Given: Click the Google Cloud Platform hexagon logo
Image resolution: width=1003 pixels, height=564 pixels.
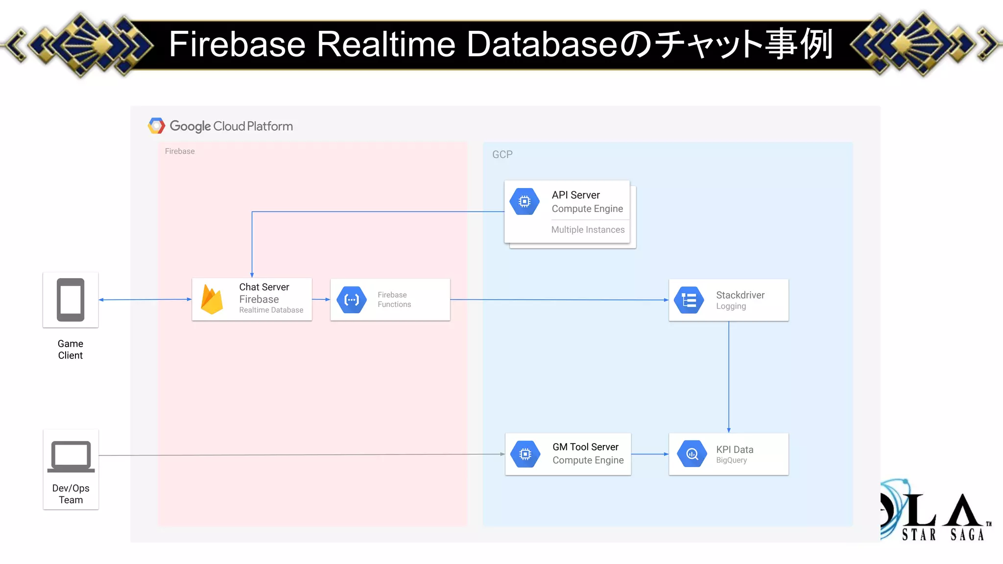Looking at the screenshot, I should [x=156, y=126].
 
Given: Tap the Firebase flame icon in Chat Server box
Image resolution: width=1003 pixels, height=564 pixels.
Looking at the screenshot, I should [x=212, y=300].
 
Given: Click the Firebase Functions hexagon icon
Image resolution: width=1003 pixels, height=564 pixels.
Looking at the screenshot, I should [x=352, y=300].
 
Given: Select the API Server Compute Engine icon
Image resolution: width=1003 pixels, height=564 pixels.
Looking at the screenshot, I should [x=525, y=201].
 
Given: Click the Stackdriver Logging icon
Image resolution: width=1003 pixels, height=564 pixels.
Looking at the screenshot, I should [x=689, y=300].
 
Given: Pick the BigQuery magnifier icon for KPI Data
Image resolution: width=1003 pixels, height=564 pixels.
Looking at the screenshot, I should [x=692, y=454].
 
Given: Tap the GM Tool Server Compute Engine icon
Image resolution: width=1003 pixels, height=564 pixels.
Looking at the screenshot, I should [x=525, y=454].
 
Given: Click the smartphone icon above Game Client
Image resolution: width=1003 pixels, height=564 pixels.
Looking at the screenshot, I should [x=71, y=300].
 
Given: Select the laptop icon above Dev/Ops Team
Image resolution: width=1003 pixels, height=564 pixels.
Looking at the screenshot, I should [x=71, y=456].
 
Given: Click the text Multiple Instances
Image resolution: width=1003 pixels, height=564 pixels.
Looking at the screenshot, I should [x=588, y=230].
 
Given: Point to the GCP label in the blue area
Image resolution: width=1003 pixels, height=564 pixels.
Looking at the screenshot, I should [x=502, y=155].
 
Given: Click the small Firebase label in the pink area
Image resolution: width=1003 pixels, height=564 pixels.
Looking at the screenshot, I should [x=180, y=151].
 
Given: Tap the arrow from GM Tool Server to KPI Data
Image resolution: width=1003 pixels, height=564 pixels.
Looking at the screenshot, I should [x=650, y=454].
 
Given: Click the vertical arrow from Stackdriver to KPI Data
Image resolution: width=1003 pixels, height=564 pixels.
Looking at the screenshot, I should [x=729, y=377].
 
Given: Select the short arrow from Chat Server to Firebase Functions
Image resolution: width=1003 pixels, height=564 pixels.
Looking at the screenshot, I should [x=321, y=299].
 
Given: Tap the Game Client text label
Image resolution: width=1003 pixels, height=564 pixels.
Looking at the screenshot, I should [x=71, y=350].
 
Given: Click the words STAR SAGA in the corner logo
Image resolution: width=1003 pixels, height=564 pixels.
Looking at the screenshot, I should [x=943, y=535].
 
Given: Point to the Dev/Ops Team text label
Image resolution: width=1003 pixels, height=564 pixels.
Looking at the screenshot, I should [x=71, y=494].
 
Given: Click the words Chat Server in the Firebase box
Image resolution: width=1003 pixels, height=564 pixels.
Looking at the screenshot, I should [x=264, y=287].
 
